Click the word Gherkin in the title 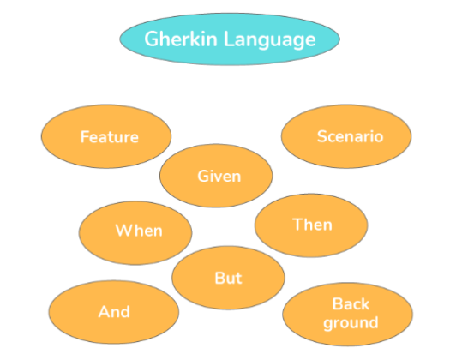pos(181,39)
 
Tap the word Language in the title pos(269,40)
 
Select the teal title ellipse pos(230,39)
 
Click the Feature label pos(109,137)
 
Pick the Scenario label pos(350,136)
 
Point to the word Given pos(219,176)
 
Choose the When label pos(139,231)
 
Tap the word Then pos(312,225)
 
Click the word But pos(228,279)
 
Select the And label pos(114,312)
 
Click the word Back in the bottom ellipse pos(351,304)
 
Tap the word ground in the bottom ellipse pos(351,323)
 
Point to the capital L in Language pos(229,39)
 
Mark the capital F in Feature pos(85,137)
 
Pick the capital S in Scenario pos(321,136)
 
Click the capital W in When pos(123,231)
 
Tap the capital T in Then pos(297,225)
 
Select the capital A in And pos(104,312)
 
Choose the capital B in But pos(219,279)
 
